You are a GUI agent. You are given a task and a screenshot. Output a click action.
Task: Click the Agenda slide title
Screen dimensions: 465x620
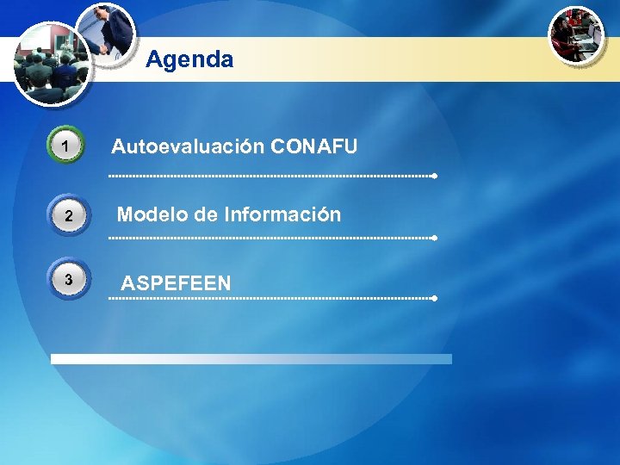189,59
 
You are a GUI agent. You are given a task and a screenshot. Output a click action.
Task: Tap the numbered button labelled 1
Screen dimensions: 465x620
66,148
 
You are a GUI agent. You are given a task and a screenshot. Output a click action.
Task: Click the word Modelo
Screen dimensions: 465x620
152,214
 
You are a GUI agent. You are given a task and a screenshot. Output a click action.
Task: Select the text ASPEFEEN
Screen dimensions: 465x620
176,283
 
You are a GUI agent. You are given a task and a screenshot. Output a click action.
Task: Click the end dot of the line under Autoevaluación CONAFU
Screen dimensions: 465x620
435,176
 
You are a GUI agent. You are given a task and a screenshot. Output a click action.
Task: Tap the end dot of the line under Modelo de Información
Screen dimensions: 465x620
435,238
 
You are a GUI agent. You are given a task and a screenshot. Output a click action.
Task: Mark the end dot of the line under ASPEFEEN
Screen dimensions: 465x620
435,298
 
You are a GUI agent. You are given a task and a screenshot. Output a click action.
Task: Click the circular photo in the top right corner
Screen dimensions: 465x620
577,35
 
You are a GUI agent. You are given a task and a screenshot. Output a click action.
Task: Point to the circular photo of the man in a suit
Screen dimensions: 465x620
106,33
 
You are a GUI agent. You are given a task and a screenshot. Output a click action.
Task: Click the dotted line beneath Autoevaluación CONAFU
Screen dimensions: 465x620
271,176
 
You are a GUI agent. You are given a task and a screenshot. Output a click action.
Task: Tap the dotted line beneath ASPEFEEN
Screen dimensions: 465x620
271,298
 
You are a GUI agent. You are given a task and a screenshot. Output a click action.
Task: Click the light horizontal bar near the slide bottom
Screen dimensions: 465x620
251,359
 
